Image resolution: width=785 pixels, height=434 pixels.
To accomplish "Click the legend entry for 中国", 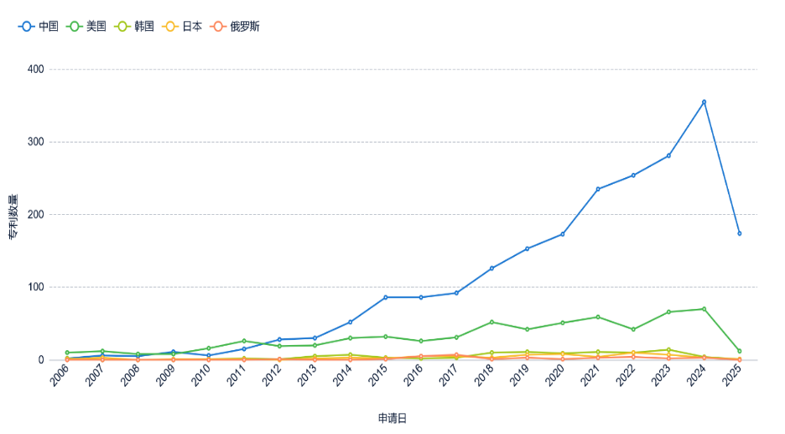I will click(x=39, y=26).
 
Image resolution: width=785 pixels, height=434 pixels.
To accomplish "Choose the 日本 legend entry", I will click(x=182, y=26).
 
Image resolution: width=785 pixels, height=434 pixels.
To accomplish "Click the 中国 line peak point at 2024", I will click(x=704, y=102).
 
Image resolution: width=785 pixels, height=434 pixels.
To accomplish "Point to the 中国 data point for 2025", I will click(x=739, y=233).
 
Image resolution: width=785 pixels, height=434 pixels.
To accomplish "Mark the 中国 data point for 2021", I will click(x=598, y=189).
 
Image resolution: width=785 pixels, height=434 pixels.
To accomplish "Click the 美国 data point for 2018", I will click(x=491, y=322).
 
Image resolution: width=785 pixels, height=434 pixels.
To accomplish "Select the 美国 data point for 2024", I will click(x=704, y=309).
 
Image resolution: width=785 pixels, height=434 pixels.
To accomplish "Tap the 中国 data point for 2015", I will click(x=386, y=297).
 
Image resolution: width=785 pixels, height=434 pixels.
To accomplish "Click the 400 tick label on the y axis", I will click(x=36, y=69).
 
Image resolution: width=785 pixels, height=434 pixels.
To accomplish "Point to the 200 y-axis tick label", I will click(x=36, y=214).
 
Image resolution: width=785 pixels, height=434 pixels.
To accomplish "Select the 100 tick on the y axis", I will click(x=36, y=287).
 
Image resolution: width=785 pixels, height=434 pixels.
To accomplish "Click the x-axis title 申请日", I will click(x=392, y=417).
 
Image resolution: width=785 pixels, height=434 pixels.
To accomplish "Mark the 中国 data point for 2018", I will click(x=491, y=268).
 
